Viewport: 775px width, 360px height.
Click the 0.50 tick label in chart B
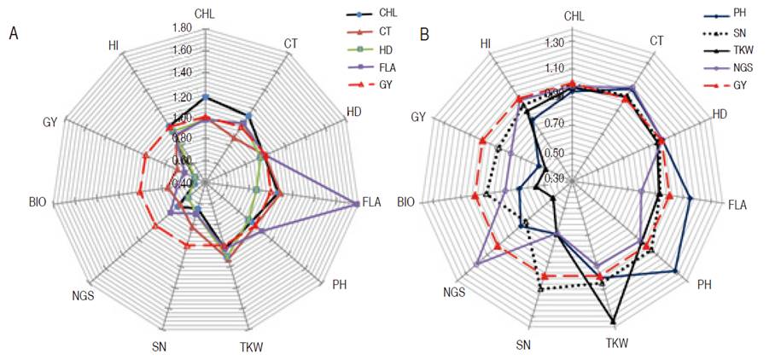554,153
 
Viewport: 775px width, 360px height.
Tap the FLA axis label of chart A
371,203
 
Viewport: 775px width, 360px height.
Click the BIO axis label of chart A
37,203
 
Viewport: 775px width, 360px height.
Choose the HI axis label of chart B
485,44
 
